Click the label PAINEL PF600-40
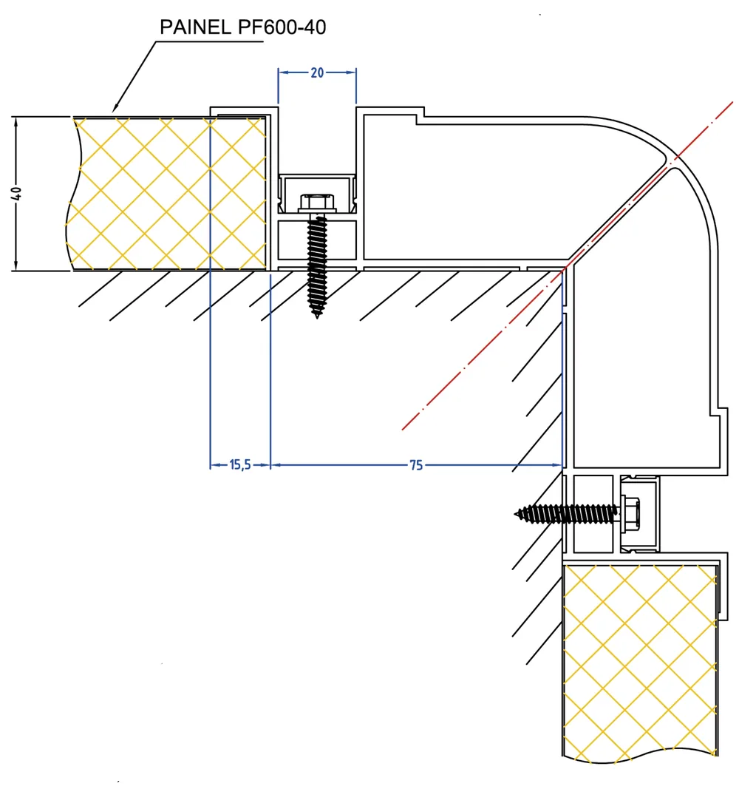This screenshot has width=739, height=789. coord(243,27)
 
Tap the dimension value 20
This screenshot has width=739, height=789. coord(317,73)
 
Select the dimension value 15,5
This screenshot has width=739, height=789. coord(239,464)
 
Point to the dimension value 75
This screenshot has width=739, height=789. coord(416,465)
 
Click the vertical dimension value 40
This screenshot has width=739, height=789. coord(16,193)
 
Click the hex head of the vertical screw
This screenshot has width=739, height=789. coord(317,203)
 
